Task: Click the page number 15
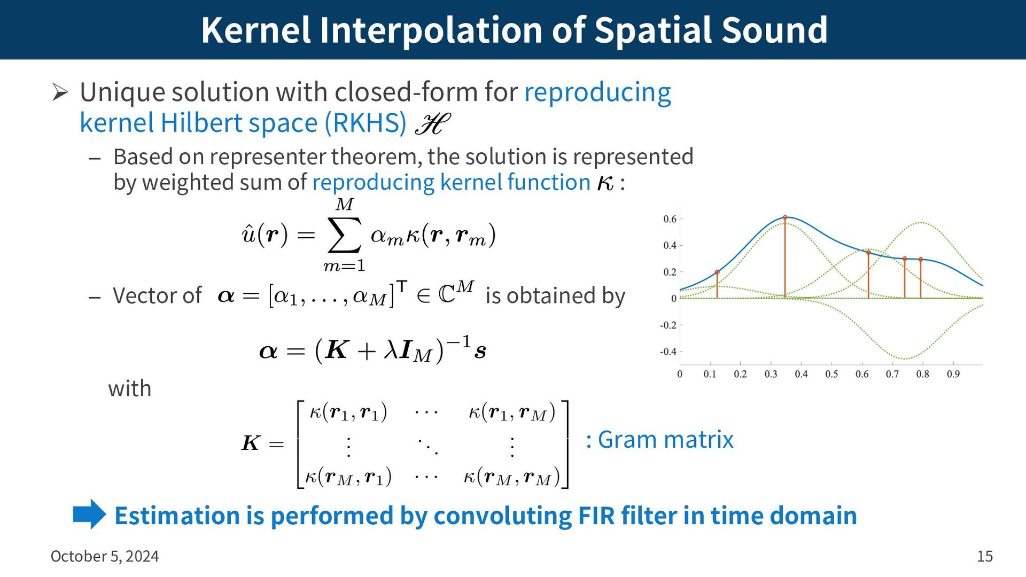[985, 556]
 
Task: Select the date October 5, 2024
[105, 557]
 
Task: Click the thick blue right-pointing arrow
[90, 514]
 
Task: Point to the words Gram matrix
[666, 440]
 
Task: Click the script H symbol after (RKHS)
[432, 124]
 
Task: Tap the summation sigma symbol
[345, 235]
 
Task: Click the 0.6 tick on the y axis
[670, 219]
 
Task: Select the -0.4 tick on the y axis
[668, 352]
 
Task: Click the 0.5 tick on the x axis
[831, 375]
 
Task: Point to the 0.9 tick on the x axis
[953, 375]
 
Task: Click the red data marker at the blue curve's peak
[785, 217]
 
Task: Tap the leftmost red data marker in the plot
[717, 272]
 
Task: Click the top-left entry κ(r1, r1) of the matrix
[348, 412]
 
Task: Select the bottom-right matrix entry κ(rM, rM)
[512, 477]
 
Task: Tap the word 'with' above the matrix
[130, 388]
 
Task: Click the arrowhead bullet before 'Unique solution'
[60, 92]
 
